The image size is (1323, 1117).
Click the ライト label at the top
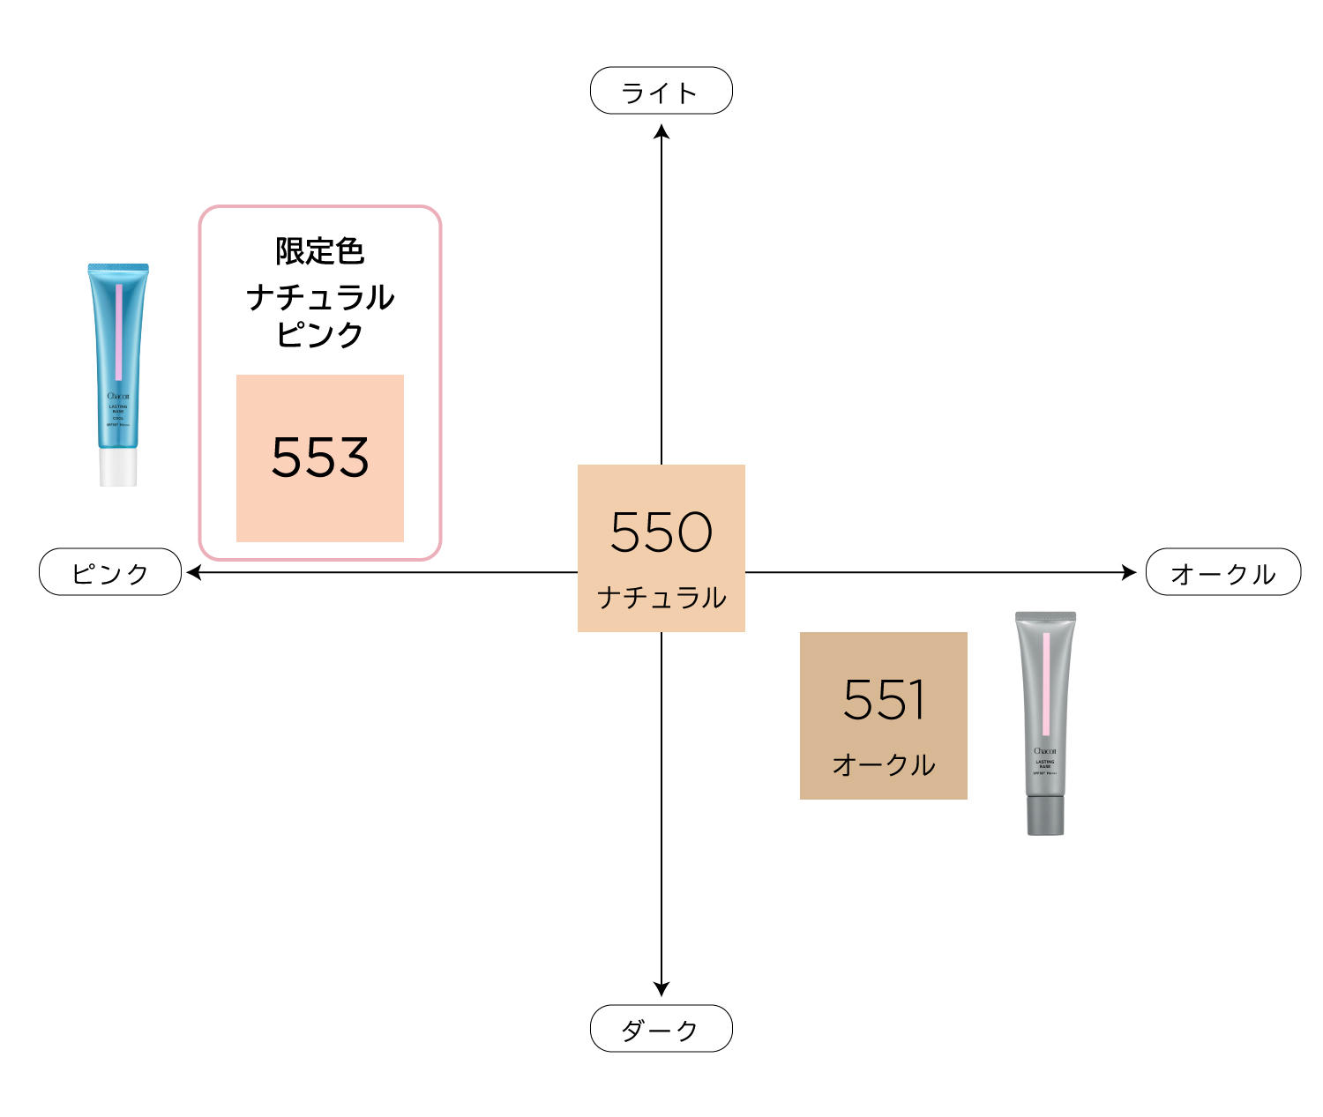pos(661,91)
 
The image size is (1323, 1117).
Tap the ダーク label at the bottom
pos(661,1029)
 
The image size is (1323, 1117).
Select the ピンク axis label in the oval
pos(110,573)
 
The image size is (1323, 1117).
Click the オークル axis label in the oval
pos(1222,573)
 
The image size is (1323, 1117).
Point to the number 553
pos(319,458)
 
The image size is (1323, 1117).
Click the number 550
pos(661,532)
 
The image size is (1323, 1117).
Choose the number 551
pos(883,700)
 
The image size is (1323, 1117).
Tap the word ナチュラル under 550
pos(661,598)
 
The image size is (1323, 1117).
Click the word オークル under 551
pos(883,764)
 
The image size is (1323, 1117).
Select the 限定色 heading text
pos(319,251)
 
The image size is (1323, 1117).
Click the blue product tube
pos(118,361)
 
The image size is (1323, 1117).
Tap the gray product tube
pos(1045,705)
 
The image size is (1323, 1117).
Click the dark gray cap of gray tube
pos(1045,815)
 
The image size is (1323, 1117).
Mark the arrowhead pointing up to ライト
pos(661,132)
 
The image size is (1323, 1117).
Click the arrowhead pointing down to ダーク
pos(661,989)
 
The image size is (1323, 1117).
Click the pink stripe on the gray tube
pos(1046,683)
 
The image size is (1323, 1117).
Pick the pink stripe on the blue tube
pos(119,331)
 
